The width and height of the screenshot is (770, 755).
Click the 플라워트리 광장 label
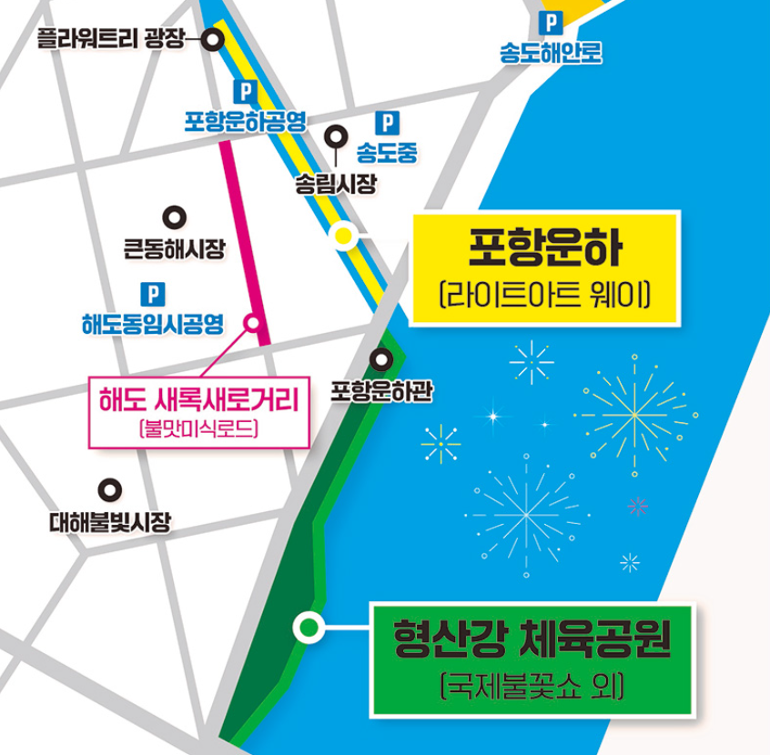coord(110,38)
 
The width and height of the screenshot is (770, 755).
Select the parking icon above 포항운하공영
coord(243,91)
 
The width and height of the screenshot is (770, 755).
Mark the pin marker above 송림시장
coord(337,137)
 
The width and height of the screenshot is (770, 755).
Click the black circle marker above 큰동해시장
coord(174,217)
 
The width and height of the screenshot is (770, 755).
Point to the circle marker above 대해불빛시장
coord(110,490)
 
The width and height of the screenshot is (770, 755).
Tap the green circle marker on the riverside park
coord(309,627)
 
